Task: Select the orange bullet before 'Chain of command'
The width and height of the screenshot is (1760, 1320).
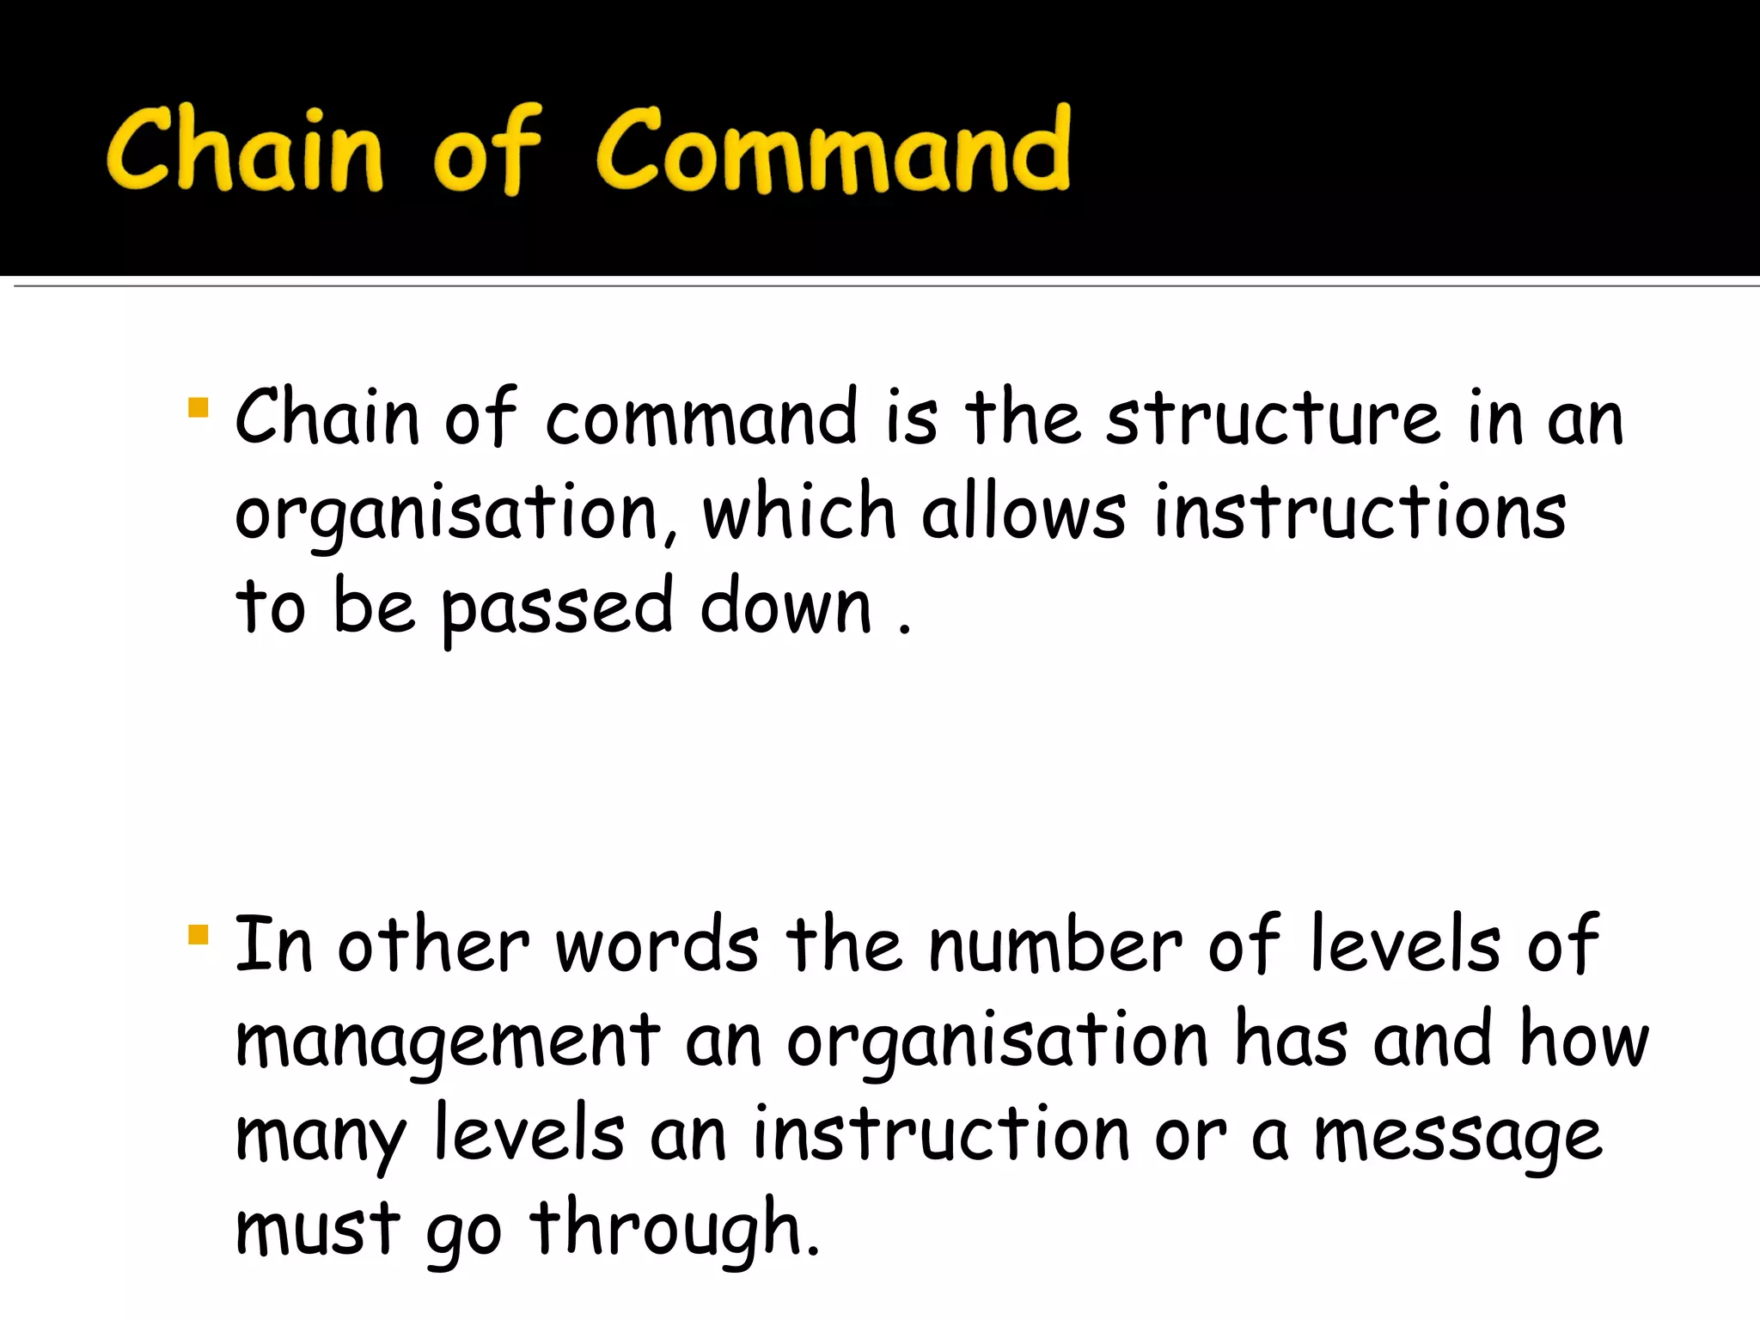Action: point(198,406)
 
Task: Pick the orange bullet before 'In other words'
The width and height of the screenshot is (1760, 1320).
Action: point(198,934)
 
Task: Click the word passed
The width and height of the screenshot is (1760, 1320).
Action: point(557,608)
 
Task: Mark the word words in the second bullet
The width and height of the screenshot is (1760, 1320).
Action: point(657,945)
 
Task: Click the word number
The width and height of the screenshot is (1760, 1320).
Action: point(1055,945)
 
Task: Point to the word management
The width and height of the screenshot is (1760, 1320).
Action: point(447,1042)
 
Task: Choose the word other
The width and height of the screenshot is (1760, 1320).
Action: point(433,945)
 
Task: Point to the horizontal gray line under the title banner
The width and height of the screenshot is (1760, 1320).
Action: point(885,286)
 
